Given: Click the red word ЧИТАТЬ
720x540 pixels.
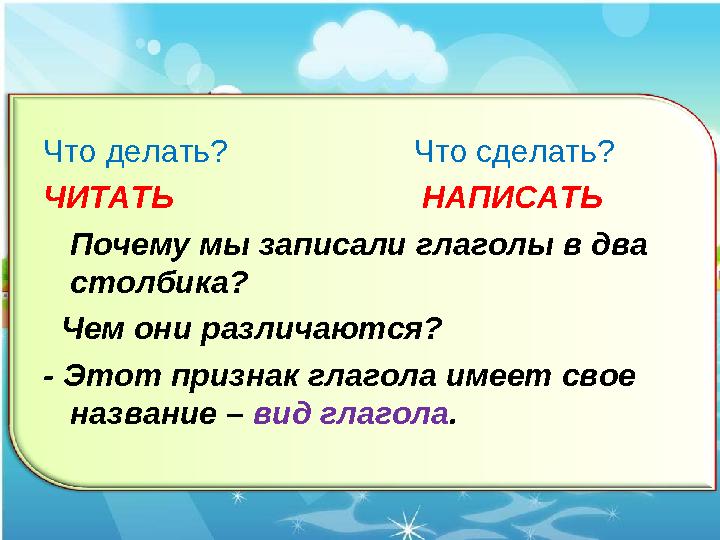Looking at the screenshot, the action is (x=109, y=197).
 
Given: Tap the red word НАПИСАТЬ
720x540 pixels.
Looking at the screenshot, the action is (x=512, y=197).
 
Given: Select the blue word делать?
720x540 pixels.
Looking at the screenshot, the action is (x=167, y=151).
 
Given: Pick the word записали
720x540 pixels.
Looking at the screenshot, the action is (x=332, y=246).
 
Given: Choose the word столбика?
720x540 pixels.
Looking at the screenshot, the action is (x=159, y=283).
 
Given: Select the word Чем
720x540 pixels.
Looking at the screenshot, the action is (x=93, y=329).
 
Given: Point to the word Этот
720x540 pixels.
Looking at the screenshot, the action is (x=112, y=376).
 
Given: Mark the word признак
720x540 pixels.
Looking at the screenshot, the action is (x=235, y=377).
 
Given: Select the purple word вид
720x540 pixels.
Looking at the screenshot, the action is (x=281, y=414).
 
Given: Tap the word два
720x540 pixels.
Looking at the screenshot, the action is (x=619, y=246).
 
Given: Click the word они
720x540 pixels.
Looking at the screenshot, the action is (x=162, y=330).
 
